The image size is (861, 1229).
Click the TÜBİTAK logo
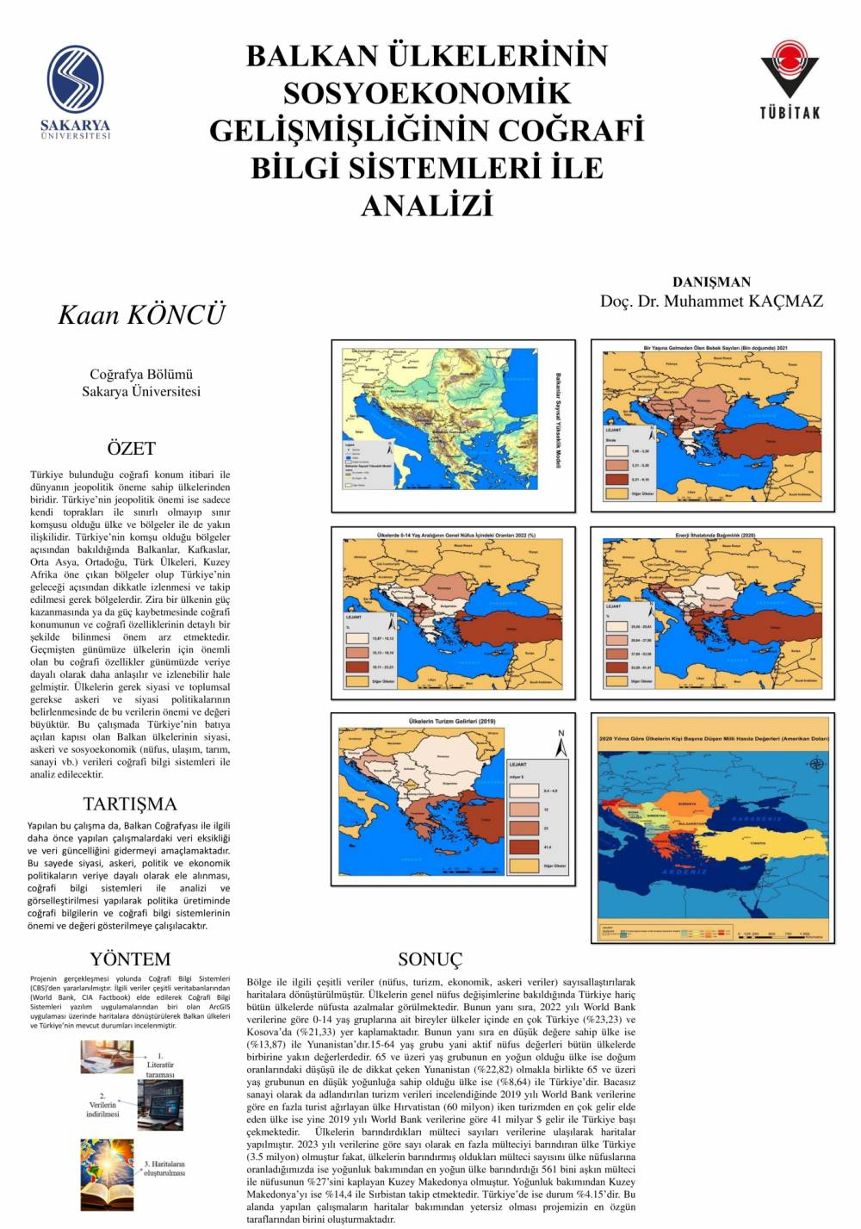pos(789,78)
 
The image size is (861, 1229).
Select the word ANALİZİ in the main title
pos(426,205)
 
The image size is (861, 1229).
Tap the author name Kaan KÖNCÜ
pos(141,314)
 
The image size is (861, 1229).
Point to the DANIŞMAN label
pos(711,282)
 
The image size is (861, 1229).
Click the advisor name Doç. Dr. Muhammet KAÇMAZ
pos(711,301)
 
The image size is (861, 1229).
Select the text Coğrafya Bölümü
pos(141,374)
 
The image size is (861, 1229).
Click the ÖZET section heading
pos(131,448)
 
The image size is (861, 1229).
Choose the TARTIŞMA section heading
pos(130,804)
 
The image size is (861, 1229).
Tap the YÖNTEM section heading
pos(130,959)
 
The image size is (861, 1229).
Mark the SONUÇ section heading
pos(430,959)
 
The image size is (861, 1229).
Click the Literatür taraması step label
pos(160,1065)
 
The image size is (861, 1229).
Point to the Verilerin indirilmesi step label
pos(102,1105)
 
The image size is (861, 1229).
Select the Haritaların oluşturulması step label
pos(164,1169)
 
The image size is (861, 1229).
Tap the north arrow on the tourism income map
pos(561,744)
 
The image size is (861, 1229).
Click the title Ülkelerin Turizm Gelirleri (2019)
pos(451,722)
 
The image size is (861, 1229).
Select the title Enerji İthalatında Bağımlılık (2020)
pos(715,536)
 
